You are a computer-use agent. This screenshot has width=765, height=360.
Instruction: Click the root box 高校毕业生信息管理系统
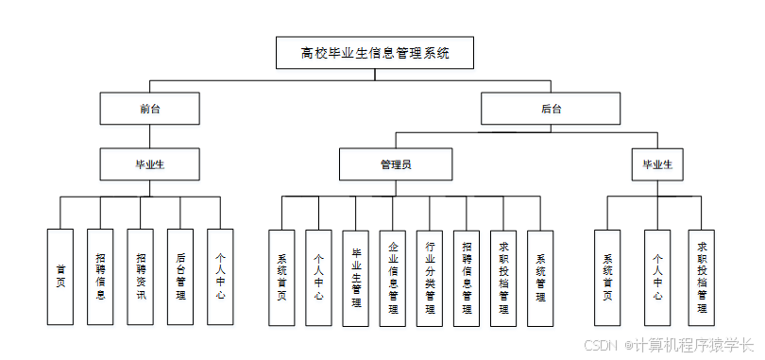[375, 53]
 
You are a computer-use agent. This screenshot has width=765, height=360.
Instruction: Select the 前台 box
[150, 109]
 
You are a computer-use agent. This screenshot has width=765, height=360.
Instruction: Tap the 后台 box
[552, 109]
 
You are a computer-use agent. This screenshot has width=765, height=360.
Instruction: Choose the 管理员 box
[396, 164]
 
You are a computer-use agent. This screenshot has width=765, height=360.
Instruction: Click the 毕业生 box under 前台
[150, 164]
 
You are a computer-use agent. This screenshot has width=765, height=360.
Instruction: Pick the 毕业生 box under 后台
[657, 164]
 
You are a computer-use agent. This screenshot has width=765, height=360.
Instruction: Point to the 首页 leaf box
[60, 276]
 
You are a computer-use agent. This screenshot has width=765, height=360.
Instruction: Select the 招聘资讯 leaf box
[141, 276]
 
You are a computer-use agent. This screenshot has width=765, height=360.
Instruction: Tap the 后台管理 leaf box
[180, 276]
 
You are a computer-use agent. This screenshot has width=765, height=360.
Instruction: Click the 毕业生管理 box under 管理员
[356, 278]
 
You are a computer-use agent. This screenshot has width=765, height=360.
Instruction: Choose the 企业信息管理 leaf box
[393, 278]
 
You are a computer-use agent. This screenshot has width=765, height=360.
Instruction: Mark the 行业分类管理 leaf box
[430, 278]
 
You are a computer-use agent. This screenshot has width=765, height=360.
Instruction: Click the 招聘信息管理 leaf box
[467, 278]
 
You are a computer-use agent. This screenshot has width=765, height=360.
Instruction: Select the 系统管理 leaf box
[540, 278]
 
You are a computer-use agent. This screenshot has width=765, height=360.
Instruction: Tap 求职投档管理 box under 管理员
[503, 278]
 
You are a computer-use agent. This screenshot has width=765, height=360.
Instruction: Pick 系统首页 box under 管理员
[281, 278]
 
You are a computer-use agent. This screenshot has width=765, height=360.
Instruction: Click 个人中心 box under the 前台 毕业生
[220, 276]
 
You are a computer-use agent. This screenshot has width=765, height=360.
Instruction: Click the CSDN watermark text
[601, 345]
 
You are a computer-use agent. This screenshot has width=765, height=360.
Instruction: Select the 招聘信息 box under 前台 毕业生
[100, 276]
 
